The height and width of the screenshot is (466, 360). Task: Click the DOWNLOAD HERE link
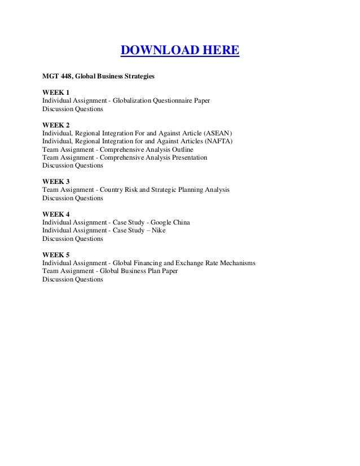(180, 52)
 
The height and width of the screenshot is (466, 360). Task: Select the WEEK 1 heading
(56, 91)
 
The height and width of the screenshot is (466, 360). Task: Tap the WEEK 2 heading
(56, 125)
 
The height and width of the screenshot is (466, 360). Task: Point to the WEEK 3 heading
(56, 182)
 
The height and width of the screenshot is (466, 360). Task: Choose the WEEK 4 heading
(56, 215)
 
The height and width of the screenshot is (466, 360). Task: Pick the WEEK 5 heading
(56, 254)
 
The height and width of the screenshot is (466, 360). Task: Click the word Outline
(182, 150)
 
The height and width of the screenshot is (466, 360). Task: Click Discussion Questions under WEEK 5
(73, 279)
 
